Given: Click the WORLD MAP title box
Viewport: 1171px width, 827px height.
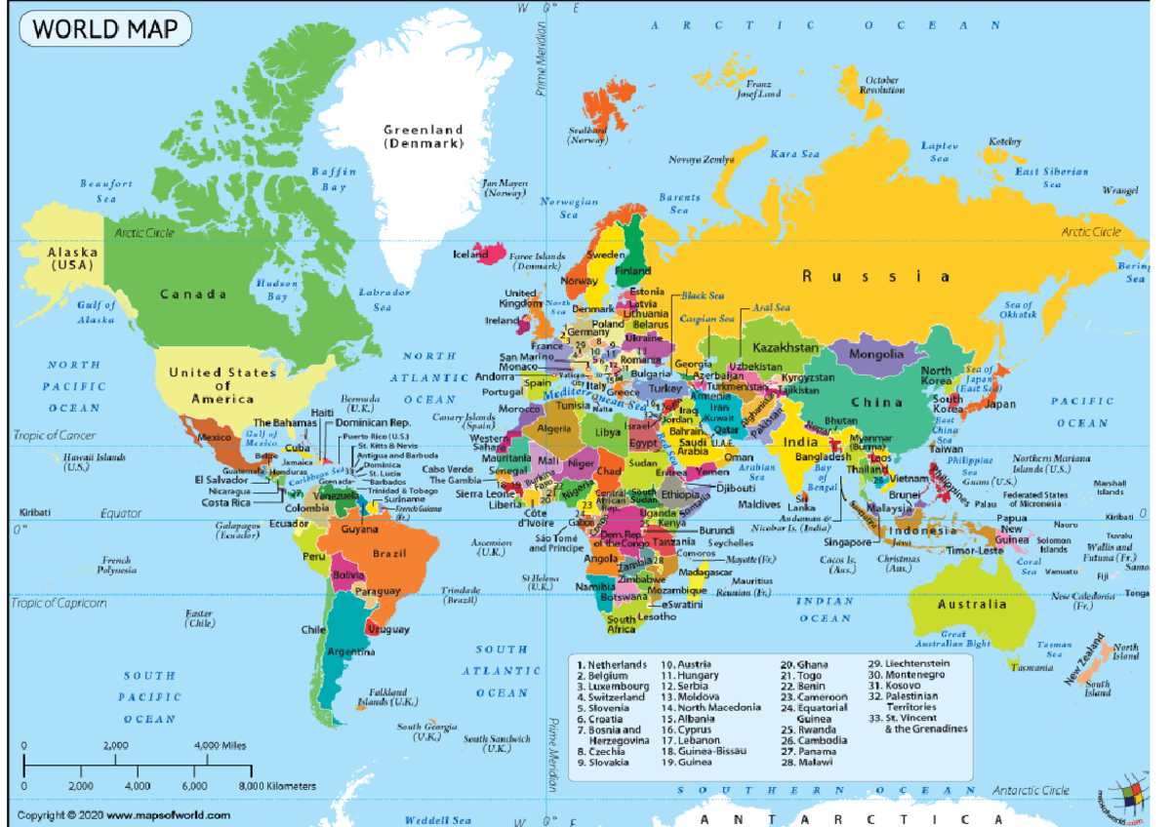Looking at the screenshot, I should [x=105, y=29].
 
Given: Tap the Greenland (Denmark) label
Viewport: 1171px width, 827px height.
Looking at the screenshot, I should [x=423, y=136].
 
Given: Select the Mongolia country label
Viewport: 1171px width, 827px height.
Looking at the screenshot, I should [x=875, y=354].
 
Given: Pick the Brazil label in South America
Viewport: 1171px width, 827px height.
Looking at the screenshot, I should [x=388, y=553].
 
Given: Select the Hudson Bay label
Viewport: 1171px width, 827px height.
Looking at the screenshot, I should [x=271, y=290].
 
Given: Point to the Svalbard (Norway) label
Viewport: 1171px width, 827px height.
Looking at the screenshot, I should [x=587, y=135].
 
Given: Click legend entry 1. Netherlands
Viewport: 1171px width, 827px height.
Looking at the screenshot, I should [x=612, y=664].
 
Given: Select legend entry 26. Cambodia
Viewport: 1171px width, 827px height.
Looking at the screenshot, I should [x=816, y=740].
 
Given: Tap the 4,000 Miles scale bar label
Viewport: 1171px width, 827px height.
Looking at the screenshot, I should [x=221, y=745].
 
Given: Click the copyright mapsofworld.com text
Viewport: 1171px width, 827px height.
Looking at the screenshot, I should [x=125, y=814].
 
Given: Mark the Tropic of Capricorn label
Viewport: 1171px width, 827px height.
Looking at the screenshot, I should [x=59, y=603].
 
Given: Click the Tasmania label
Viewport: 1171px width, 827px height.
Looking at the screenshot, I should [x=1031, y=668].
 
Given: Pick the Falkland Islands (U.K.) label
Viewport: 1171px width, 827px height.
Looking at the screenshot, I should [x=388, y=696].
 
